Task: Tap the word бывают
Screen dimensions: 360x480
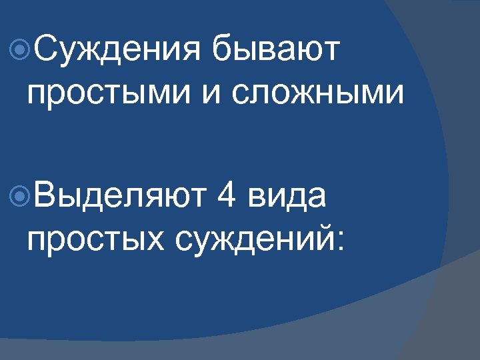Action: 275,51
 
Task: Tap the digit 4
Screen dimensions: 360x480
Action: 227,197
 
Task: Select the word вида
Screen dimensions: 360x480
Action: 287,197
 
